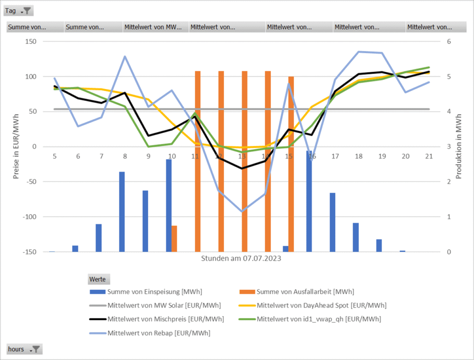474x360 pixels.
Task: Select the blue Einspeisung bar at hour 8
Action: (x=122, y=211)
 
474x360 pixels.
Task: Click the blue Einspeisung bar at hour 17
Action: (x=332, y=222)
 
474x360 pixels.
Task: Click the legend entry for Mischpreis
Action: (x=157, y=319)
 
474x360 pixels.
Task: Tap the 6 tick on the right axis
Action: (x=448, y=42)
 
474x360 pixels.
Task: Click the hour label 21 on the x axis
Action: (x=429, y=156)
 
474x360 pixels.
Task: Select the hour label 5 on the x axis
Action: (x=55, y=156)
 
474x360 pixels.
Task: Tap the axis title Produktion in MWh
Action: (x=459, y=146)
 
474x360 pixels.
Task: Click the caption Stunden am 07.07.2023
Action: (x=241, y=259)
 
